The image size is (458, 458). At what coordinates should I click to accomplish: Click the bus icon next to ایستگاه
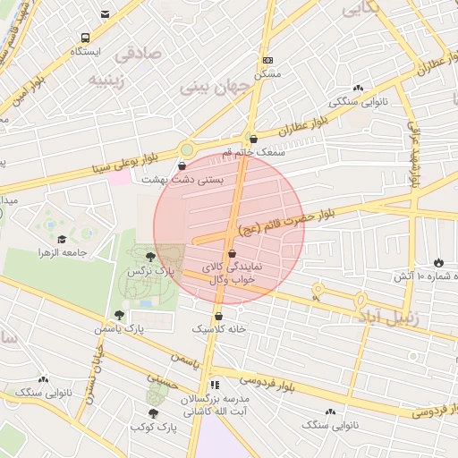(85, 38)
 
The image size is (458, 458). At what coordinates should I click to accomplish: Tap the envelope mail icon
(106, 13)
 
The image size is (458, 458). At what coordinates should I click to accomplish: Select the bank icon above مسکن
(267, 60)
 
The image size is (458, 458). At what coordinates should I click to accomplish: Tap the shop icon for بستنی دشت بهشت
(182, 165)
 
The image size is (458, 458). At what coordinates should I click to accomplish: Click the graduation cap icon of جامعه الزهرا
(62, 239)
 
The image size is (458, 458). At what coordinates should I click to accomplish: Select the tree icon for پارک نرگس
(149, 257)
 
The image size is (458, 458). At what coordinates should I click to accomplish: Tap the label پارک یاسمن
(125, 329)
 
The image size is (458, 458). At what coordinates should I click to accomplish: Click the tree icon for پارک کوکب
(153, 413)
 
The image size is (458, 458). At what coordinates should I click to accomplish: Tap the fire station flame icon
(438, 262)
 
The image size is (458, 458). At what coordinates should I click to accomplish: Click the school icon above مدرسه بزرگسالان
(214, 385)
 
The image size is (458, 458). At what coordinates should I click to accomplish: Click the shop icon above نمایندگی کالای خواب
(232, 254)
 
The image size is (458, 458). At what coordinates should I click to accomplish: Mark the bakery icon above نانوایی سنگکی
(359, 88)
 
